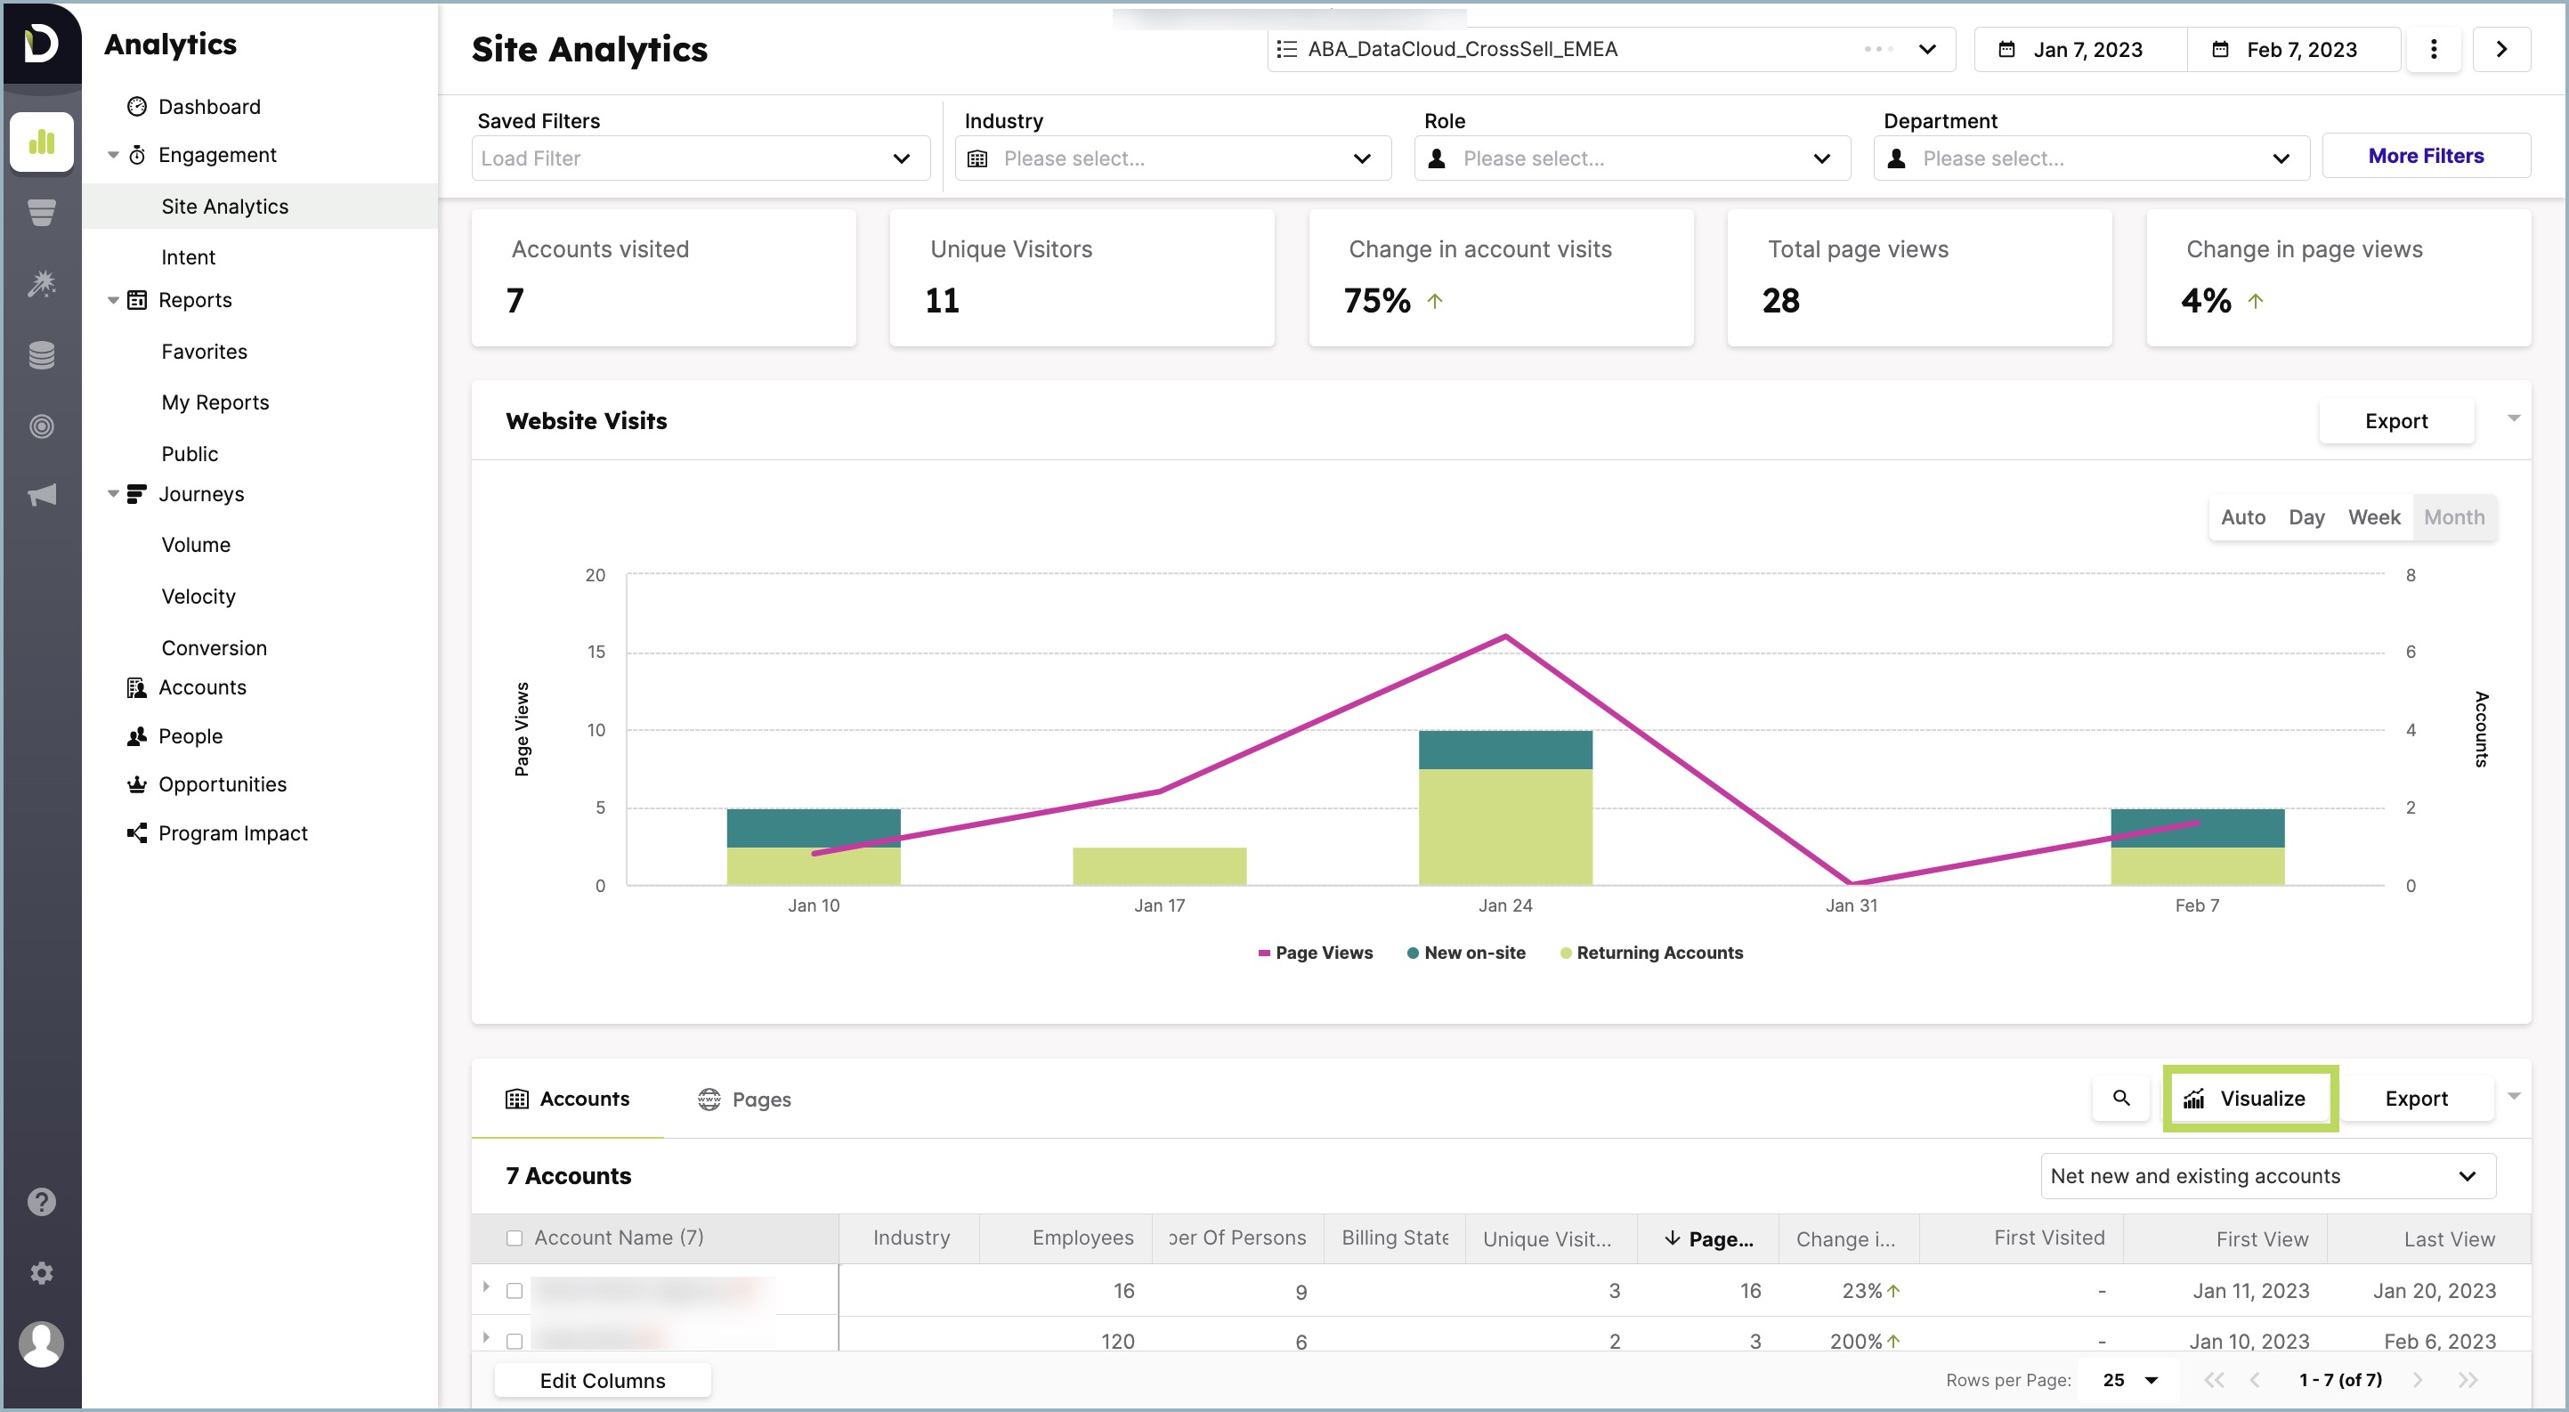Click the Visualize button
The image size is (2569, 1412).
(x=2249, y=1098)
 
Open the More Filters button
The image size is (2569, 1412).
(x=2425, y=156)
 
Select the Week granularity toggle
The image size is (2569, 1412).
(x=2372, y=516)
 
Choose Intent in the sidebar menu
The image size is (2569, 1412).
(x=189, y=256)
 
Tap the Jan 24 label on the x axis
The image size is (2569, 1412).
(x=1503, y=905)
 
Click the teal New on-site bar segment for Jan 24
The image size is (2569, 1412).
(x=1503, y=750)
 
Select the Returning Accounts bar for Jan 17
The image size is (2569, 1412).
(x=1159, y=865)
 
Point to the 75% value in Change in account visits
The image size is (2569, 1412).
(x=1376, y=300)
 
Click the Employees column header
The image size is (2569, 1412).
(x=1082, y=1238)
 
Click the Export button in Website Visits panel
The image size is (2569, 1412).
(x=2395, y=421)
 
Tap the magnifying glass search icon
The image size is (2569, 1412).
(x=2120, y=1098)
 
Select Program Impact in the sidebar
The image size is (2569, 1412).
(x=232, y=832)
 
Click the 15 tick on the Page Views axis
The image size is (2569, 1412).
(x=596, y=653)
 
